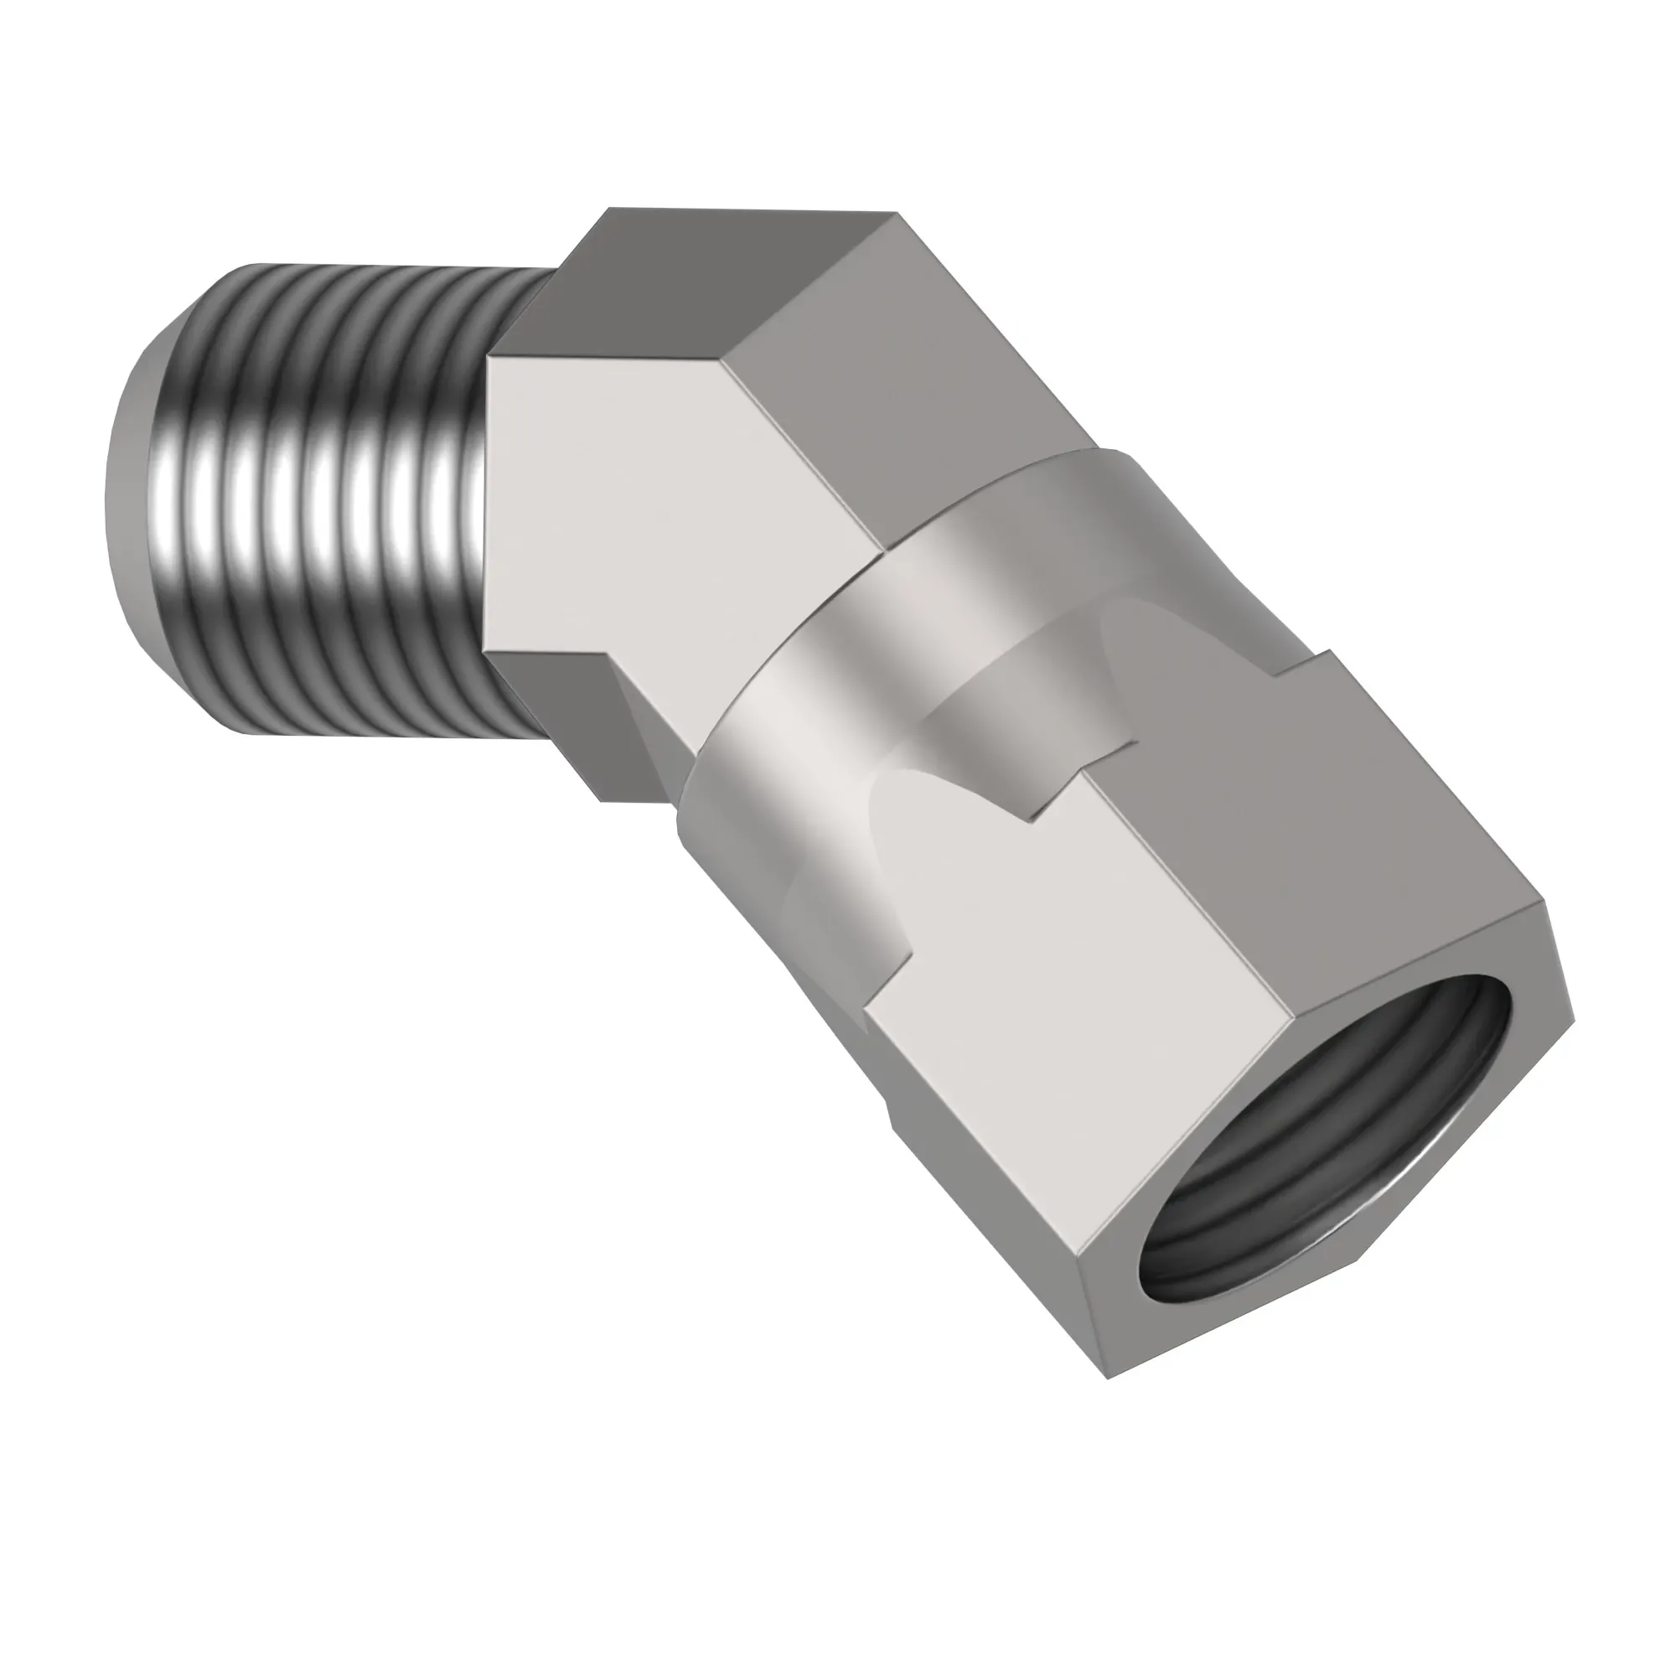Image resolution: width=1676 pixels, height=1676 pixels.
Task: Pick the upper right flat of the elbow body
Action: click(903, 373)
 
